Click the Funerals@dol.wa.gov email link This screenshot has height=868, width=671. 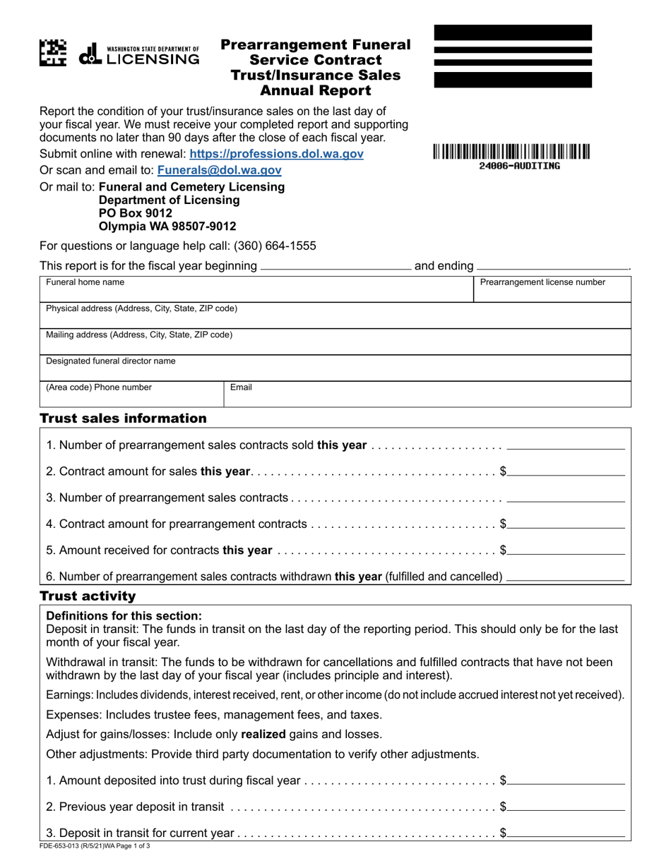219,170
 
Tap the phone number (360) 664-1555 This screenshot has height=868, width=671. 273,246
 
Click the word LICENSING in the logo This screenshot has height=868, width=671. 153,59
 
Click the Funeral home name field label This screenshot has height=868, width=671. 85,282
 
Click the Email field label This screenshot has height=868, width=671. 242,387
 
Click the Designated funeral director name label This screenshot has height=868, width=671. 111,361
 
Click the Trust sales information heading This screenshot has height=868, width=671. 124,418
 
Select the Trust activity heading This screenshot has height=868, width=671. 88,596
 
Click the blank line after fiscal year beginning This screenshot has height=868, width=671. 336,267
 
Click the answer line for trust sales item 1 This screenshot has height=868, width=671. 566,446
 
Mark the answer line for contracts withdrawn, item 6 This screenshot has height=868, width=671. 566,578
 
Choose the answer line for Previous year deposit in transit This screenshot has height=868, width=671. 566,807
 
